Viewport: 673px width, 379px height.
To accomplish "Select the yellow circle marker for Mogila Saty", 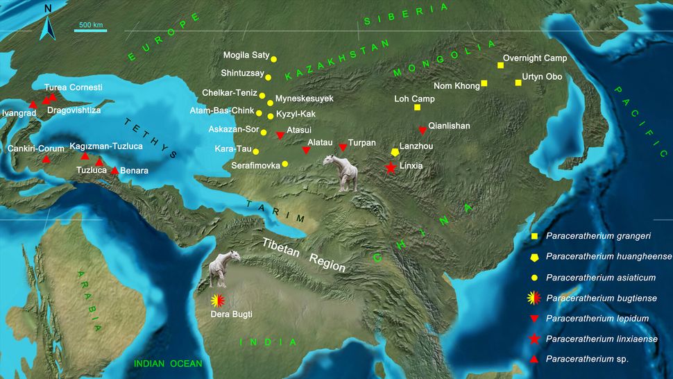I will point(273,59).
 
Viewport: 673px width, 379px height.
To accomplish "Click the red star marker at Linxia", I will point(391,167).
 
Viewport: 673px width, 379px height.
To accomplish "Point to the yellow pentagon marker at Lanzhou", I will point(395,152).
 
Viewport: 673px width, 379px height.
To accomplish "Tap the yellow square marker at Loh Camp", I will point(417,108).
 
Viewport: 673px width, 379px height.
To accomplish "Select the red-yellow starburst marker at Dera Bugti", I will point(219,301).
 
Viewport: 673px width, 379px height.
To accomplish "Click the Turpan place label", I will point(361,142).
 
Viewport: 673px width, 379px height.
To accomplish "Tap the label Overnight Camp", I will point(534,58).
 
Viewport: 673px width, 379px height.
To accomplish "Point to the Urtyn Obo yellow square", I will point(518,83).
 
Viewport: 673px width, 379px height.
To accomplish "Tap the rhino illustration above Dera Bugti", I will point(224,270).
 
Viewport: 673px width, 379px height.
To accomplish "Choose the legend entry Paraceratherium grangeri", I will point(597,237).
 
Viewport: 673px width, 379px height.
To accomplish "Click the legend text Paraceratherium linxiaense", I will point(599,339).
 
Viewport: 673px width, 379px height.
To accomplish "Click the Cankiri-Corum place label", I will point(36,149).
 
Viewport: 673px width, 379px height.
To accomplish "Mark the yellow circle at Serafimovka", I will point(285,164).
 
